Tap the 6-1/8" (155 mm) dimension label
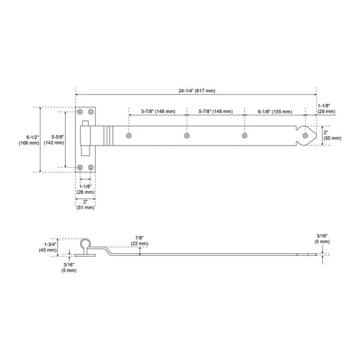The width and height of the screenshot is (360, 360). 274,111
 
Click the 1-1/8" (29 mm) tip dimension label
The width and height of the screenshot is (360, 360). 326,108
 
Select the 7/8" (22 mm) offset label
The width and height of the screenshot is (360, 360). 140,240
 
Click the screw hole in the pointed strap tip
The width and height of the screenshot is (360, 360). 306,135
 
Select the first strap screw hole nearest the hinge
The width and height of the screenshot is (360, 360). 129,135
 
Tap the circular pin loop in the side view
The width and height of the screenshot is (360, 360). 85,244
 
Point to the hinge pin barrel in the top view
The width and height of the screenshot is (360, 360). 85,140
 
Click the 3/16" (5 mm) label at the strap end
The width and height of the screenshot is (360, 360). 322,238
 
